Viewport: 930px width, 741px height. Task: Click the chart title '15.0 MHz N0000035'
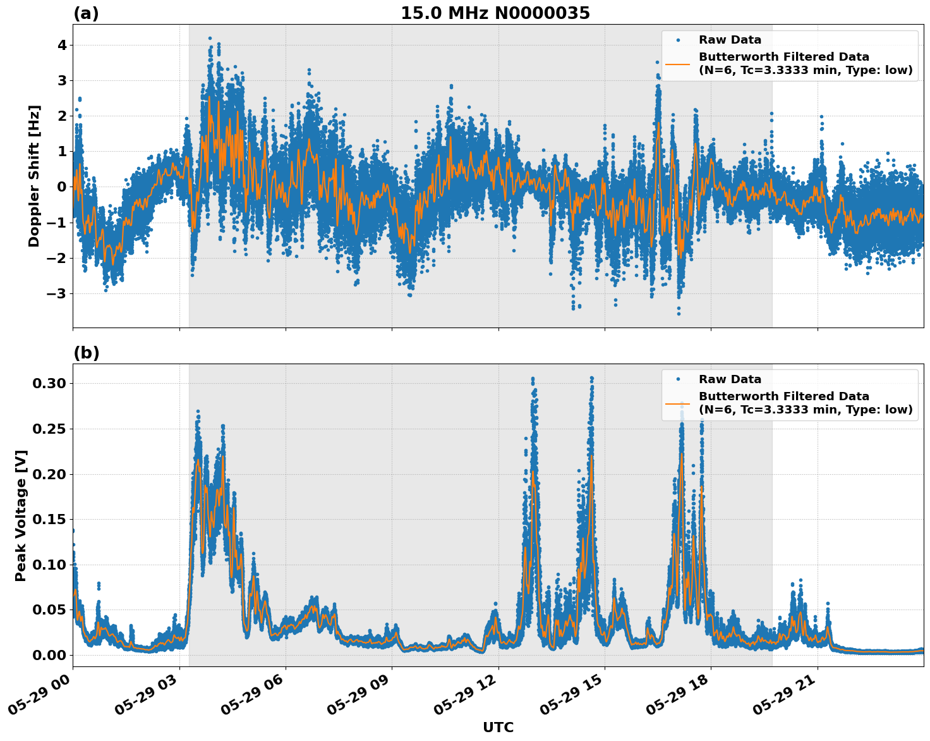(495, 13)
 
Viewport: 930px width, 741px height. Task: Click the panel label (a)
(86, 13)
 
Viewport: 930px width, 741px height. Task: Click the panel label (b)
(86, 353)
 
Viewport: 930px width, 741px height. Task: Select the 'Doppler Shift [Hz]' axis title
(34, 176)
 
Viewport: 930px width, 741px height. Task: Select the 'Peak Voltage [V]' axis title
(21, 515)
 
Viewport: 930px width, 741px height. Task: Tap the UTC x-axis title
(498, 727)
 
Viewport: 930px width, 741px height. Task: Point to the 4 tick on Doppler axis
(62, 45)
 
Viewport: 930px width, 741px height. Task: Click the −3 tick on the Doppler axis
(57, 293)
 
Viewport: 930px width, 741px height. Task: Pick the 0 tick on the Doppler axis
(62, 187)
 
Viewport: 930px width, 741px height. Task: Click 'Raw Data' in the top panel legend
(730, 40)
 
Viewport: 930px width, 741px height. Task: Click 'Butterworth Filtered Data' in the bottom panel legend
(783, 396)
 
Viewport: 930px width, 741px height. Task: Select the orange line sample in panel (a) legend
(678, 64)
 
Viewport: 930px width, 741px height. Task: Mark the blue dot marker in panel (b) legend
(678, 379)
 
